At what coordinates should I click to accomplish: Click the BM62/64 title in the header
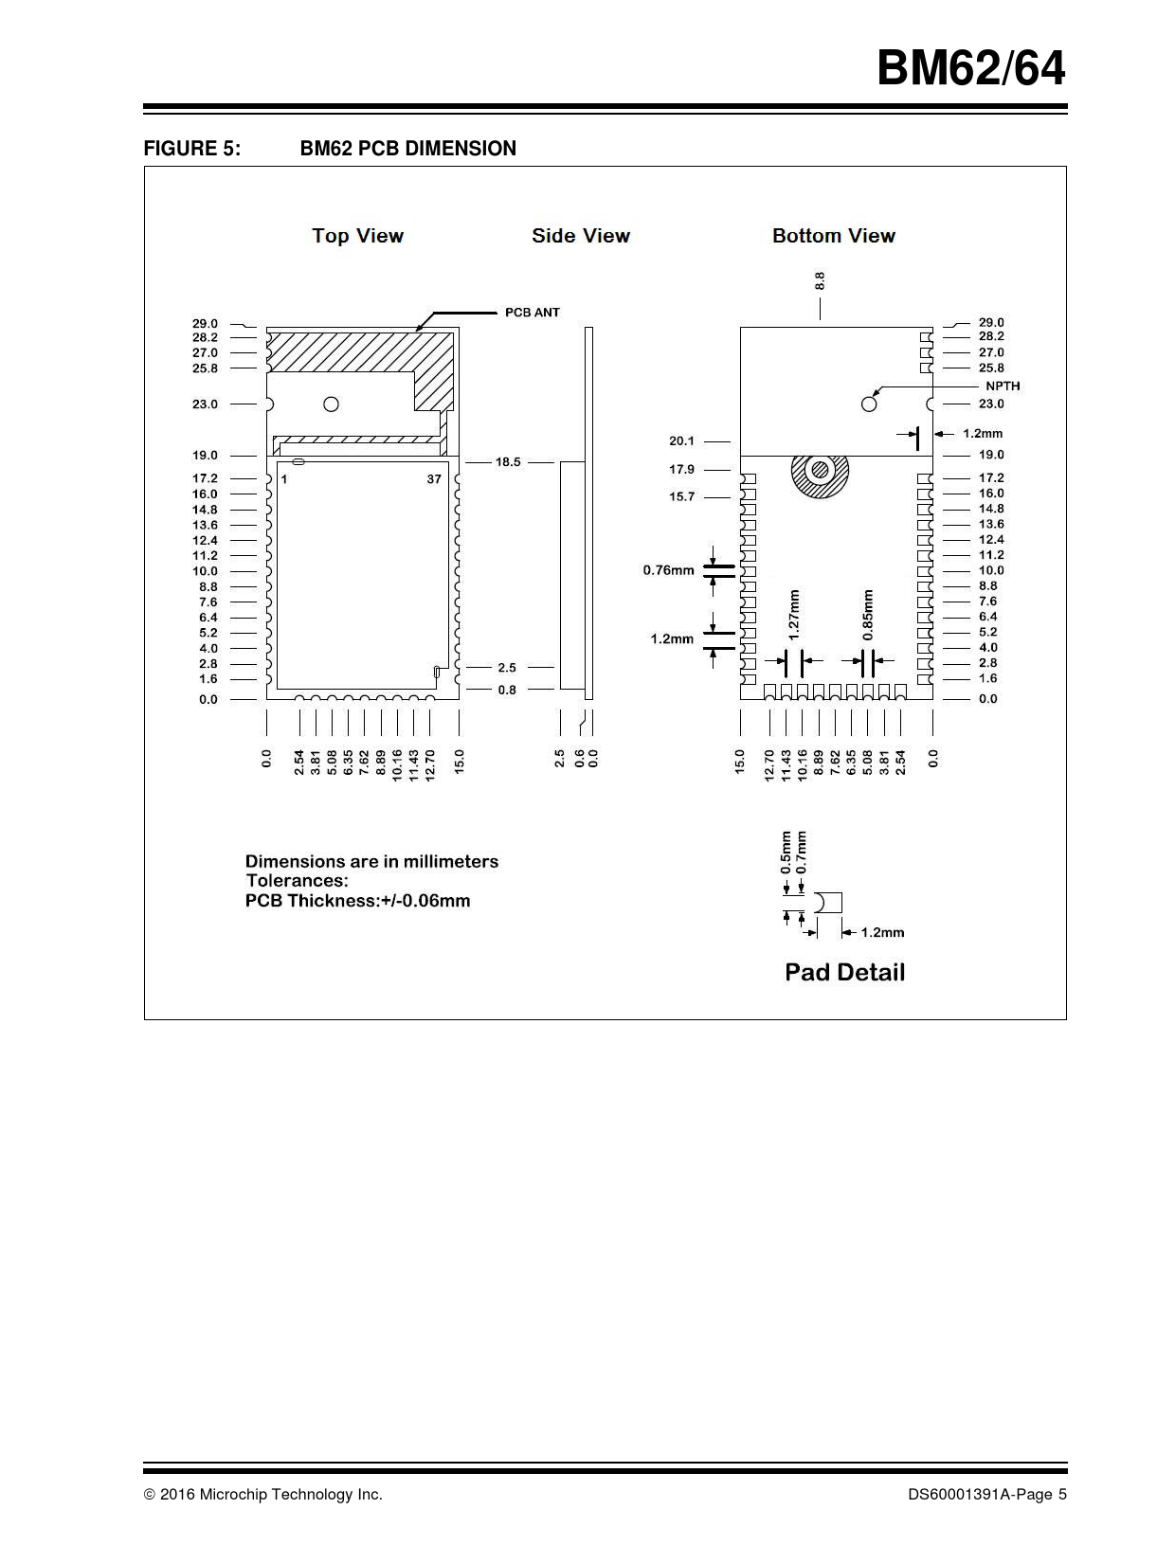(x=970, y=69)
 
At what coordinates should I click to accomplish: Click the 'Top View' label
(x=357, y=236)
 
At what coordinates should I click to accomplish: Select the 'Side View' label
(x=580, y=236)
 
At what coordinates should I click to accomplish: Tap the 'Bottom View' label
(x=833, y=236)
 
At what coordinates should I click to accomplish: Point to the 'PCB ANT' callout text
(x=532, y=313)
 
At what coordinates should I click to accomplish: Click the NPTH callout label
(x=1003, y=386)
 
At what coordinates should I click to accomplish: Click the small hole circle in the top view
(x=331, y=404)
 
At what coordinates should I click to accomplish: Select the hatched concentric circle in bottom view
(x=821, y=471)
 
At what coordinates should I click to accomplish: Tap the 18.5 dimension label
(x=508, y=462)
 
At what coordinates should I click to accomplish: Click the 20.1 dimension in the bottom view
(x=681, y=440)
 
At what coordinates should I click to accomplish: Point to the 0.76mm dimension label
(x=668, y=570)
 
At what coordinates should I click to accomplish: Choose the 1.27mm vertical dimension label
(x=794, y=613)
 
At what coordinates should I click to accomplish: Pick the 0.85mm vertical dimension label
(x=868, y=615)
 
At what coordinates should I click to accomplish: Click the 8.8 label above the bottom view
(x=820, y=280)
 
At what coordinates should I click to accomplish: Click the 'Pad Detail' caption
(x=844, y=973)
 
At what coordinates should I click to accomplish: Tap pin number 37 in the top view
(x=433, y=479)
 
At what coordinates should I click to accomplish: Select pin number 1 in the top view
(x=283, y=479)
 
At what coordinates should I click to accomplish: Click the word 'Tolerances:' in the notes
(x=297, y=881)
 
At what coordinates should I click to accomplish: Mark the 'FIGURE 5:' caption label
(x=191, y=149)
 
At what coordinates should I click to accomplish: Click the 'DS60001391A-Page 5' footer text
(x=986, y=1495)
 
